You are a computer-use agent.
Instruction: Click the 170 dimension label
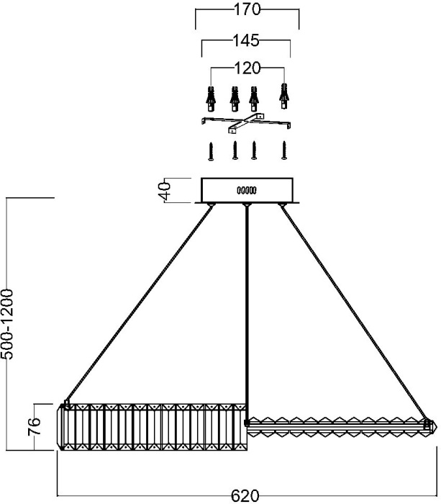pos(247,9)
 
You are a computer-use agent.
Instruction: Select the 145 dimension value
pos(246,40)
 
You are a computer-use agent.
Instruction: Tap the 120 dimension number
pos(247,68)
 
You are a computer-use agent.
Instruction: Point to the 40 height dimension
pos(165,191)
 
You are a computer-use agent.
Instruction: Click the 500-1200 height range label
pos(7,324)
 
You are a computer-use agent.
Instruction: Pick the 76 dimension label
pos(35,426)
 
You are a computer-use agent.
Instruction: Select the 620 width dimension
pos(245,495)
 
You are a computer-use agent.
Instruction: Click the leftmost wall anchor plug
pos(211,99)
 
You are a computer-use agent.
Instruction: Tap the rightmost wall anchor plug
pos(284,96)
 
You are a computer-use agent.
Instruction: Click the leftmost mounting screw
pos(211,151)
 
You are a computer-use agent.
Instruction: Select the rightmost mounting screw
pos(284,150)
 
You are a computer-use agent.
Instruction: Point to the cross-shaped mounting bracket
pos(246,123)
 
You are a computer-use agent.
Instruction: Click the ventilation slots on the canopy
pos(247,191)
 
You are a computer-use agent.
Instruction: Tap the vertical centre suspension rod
pos(247,312)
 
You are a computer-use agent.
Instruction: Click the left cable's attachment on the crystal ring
pos(67,404)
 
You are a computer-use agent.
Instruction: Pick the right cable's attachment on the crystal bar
pos(427,424)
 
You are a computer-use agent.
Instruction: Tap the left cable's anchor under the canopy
pos(211,204)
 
